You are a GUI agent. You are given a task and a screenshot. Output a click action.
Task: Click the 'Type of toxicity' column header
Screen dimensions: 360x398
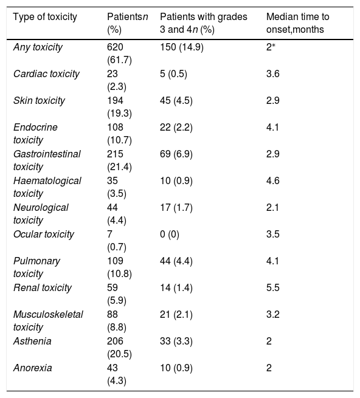(x=45, y=17)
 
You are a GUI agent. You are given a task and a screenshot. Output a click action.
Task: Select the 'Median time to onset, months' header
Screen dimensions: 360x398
(x=297, y=23)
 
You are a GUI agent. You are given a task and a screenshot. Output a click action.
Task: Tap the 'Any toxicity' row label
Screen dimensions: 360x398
(x=38, y=47)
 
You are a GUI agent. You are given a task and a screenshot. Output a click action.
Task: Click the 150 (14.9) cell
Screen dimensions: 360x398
(x=182, y=47)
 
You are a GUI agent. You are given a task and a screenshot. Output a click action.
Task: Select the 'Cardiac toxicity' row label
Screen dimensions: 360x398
(x=46, y=74)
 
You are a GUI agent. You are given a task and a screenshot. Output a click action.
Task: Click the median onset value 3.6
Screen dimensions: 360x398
(x=273, y=74)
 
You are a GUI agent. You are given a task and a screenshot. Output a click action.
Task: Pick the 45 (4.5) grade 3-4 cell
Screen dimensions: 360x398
(x=176, y=101)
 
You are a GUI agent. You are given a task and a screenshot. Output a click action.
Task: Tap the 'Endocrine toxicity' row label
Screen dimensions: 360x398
(x=35, y=134)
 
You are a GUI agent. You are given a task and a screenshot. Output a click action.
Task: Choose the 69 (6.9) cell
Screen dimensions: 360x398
(x=176, y=154)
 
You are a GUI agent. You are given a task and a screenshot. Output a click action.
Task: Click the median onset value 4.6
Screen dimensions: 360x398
(x=273, y=181)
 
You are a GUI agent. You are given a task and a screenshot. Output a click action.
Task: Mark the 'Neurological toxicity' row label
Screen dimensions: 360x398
(x=41, y=214)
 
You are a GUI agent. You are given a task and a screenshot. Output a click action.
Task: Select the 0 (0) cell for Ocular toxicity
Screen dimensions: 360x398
(x=170, y=235)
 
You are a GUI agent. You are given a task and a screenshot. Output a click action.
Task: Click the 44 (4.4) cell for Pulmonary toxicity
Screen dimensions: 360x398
(x=176, y=261)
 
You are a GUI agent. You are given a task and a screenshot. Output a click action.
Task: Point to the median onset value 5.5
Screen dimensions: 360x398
(x=273, y=288)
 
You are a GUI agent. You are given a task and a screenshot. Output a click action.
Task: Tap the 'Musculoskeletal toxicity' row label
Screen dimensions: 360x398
(x=48, y=321)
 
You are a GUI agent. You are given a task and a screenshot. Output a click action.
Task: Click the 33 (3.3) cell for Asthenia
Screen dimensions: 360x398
(x=176, y=341)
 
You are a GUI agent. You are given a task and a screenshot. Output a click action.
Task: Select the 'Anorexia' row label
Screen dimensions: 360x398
(x=32, y=368)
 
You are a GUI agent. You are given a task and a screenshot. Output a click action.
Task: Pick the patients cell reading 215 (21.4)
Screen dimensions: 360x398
(x=119, y=160)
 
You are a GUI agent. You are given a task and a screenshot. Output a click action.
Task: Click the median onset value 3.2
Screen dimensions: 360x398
(x=273, y=315)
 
